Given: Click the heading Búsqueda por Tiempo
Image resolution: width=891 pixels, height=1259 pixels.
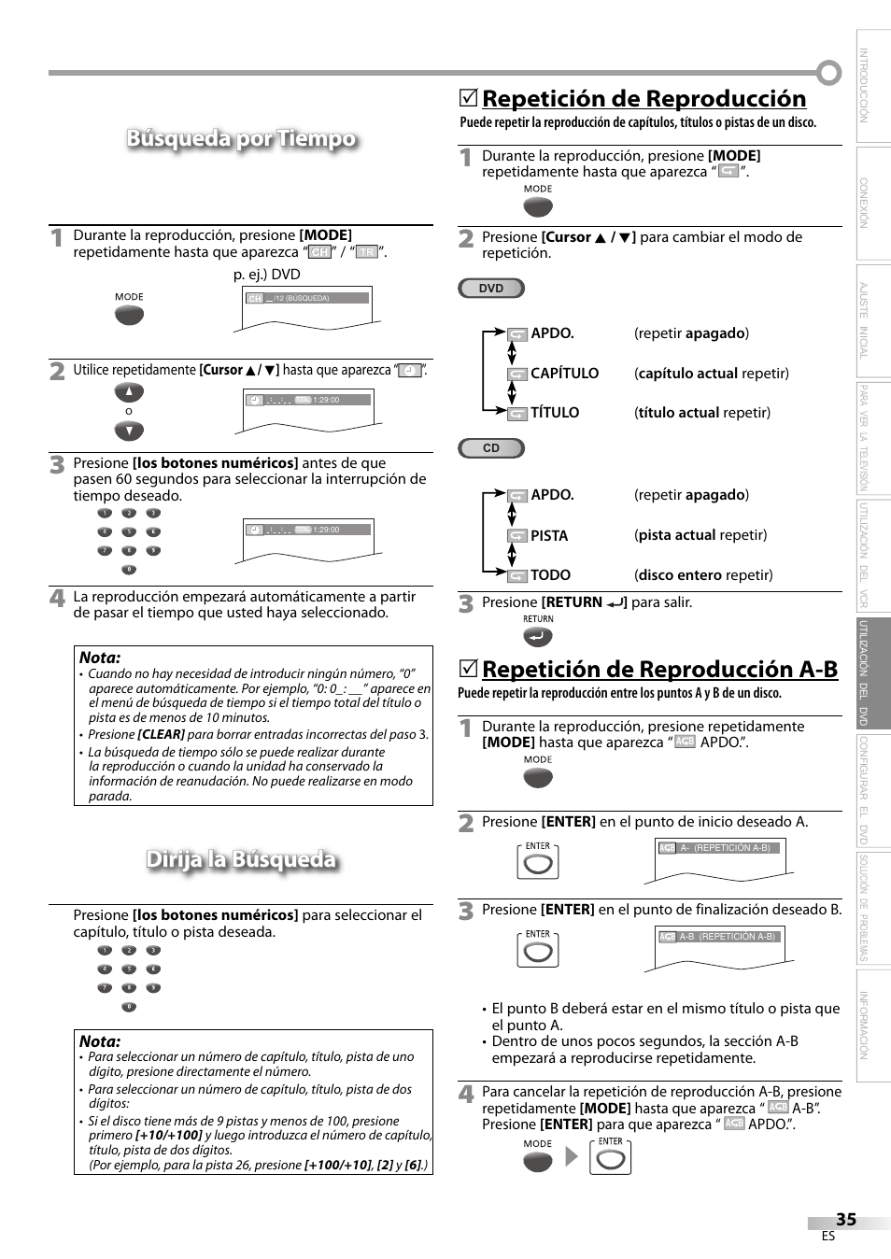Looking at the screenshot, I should coord(241,139).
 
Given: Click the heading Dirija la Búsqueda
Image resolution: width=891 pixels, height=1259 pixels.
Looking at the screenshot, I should coord(241,859).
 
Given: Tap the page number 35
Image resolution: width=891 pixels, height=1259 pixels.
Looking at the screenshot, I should coord(845,1220).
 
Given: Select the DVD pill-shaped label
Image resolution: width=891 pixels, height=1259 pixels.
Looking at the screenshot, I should coord(491,289).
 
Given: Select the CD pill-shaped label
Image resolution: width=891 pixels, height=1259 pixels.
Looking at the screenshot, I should coord(491,448).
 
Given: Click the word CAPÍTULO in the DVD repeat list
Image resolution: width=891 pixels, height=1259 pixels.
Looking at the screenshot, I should coord(564,374).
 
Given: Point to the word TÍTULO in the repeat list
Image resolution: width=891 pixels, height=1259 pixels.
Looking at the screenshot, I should coord(555,413).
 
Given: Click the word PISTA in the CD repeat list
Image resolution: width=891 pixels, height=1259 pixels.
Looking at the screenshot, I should coord(549,536).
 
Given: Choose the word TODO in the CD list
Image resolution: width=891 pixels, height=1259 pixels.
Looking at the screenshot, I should coord(550,575).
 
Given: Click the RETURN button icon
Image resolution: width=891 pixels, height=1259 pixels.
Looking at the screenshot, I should coord(538,637).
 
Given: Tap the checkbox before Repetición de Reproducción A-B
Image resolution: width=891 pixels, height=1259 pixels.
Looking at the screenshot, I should coord(469,670).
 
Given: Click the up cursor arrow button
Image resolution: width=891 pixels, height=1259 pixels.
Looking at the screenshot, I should coord(129,392).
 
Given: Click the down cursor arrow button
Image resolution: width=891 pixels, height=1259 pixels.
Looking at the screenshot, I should coord(129,431).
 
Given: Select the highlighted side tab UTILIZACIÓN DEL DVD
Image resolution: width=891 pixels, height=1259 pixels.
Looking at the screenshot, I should coord(873,672).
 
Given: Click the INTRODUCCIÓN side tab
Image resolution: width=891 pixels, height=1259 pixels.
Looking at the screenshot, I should coord(873,86).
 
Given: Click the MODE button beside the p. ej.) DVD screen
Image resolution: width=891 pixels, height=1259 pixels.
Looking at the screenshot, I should coord(129,315).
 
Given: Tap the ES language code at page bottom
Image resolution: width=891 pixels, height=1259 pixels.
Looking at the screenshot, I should coord(827,1237).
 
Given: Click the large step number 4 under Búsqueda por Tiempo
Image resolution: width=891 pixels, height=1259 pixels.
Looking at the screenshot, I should coord(58,599).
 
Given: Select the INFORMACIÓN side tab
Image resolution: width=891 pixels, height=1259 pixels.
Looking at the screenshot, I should coord(873,1026).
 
